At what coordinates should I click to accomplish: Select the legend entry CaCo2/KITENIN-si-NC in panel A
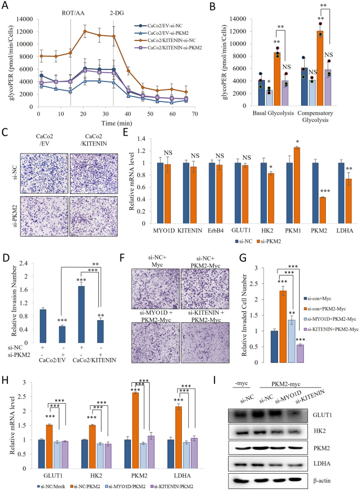(168, 40)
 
